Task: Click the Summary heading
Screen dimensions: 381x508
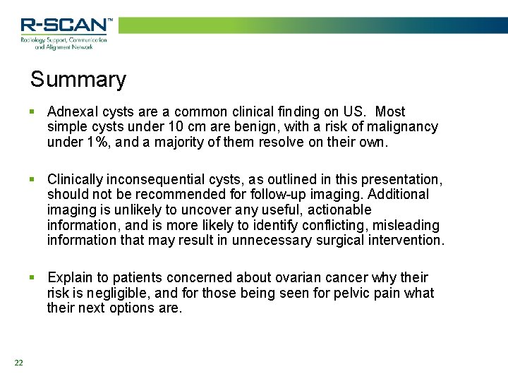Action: pyautogui.click(x=78, y=79)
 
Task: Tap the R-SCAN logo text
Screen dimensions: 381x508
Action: pyautogui.click(x=66, y=25)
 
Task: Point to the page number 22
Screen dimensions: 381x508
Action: pyautogui.click(x=18, y=363)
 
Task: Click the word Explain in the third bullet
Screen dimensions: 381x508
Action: pyautogui.click(x=69, y=278)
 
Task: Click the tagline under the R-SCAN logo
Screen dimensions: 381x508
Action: pyautogui.click(x=64, y=44)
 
